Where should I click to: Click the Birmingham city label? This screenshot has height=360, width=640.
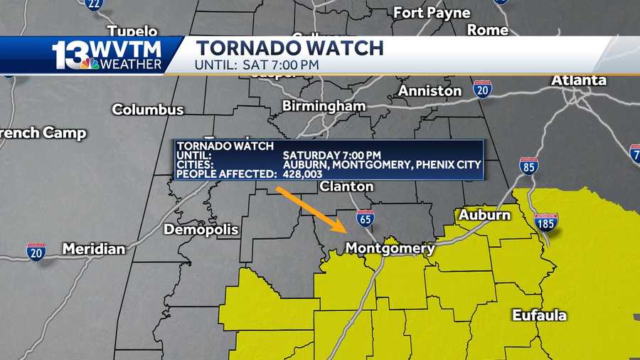[324, 106]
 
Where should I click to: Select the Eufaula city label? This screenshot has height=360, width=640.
[539, 315]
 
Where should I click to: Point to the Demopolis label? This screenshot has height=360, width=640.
[198, 229]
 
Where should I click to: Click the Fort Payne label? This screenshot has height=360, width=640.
[432, 13]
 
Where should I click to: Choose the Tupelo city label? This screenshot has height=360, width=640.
[132, 31]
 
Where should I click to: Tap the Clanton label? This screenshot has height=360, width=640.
[346, 186]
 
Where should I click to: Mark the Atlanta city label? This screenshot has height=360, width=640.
[578, 80]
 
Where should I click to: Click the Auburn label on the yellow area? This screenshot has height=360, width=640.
[484, 215]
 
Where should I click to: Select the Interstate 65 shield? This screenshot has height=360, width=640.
[366, 218]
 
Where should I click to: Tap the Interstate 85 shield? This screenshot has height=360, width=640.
[528, 166]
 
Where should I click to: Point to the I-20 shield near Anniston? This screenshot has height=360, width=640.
[482, 88]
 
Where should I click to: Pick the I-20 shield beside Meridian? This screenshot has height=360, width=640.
[36, 250]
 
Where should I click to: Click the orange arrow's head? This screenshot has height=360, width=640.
[343, 230]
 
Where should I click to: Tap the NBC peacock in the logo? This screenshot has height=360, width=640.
[90, 63]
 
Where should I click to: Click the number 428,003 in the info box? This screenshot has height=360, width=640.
[304, 174]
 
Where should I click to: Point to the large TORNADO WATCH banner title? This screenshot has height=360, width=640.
[289, 48]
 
